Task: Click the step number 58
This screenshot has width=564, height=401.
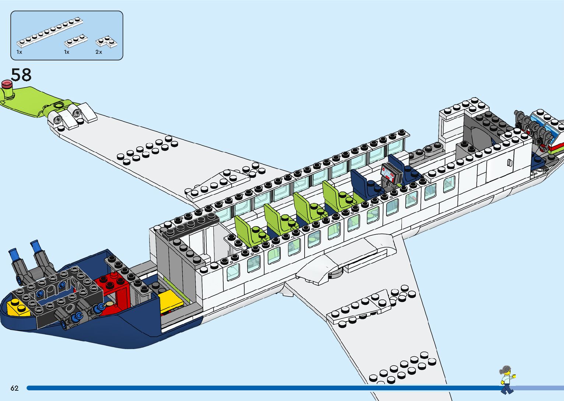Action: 21,75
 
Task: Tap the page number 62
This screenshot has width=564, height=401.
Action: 14,388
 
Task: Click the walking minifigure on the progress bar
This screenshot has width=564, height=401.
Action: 507,379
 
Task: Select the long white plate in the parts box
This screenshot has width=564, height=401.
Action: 49,32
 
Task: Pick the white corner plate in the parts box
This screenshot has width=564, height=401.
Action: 108,42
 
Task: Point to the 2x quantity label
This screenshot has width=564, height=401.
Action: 99,52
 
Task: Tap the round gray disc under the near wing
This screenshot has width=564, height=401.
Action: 335,273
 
